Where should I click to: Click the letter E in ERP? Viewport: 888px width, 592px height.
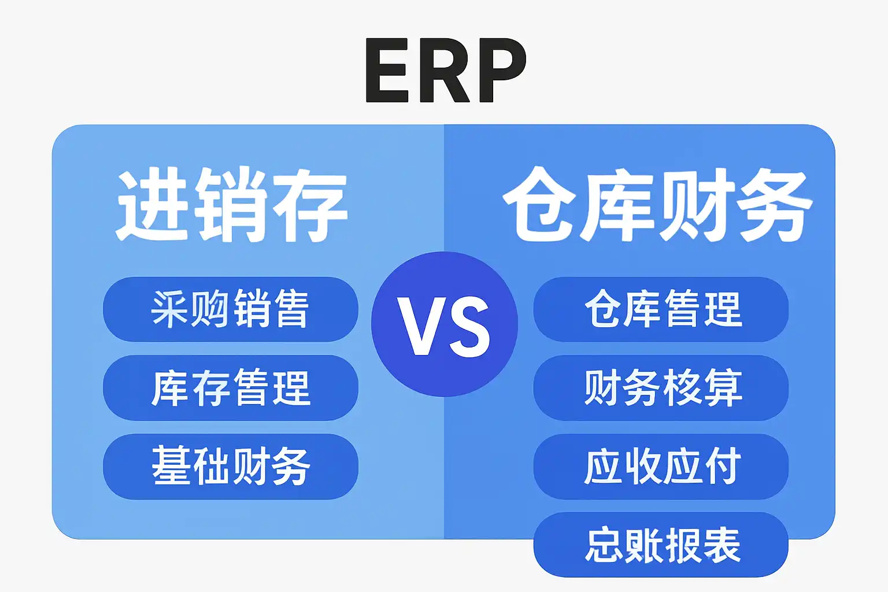[388, 71]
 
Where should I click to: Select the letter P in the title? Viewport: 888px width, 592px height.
[498, 71]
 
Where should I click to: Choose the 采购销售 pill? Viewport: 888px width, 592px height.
[230, 309]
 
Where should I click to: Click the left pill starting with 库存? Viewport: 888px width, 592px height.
[230, 388]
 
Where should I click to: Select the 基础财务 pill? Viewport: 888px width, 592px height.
[230, 467]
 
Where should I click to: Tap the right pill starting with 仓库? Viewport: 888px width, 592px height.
[661, 309]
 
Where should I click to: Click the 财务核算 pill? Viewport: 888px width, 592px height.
[661, 388]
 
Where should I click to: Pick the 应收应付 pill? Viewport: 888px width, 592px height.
[661, 467]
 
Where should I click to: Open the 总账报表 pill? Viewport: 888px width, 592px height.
[661, 545]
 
